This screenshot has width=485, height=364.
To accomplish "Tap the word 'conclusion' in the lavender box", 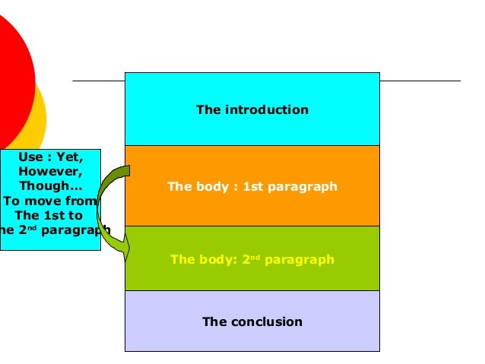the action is tap(266, 321).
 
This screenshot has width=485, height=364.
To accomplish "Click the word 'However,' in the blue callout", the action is tap(51, 172).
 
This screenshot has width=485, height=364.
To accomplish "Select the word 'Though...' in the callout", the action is tap(52, 186).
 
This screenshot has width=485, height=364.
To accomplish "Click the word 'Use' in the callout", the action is tap(29, 158).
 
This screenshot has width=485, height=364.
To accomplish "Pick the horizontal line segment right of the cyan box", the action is tap(420, 80).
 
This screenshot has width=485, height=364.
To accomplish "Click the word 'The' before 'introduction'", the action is tap(207, 109).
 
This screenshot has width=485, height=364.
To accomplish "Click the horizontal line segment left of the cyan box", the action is tap(98, 80).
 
